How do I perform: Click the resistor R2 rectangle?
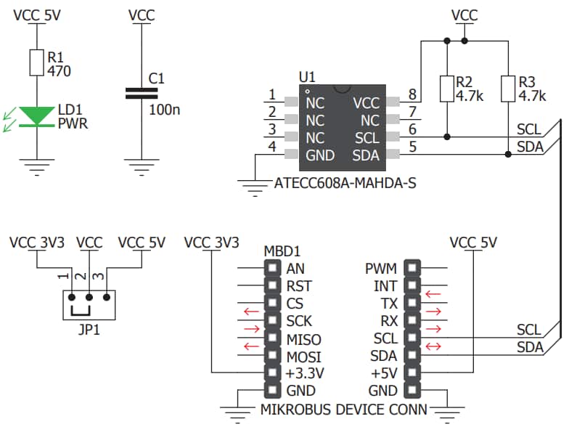[x=447, y=88]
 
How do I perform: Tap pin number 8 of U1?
[x=412, y=95]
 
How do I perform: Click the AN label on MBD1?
[x=295, y=268]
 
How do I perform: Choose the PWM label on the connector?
[x=380, y=268]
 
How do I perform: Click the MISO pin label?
[x=304, y=339]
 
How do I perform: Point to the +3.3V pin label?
[x=304, y=374]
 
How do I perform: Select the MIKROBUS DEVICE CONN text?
[x=343, y=408]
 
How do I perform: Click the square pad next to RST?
[x=272, y=286]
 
